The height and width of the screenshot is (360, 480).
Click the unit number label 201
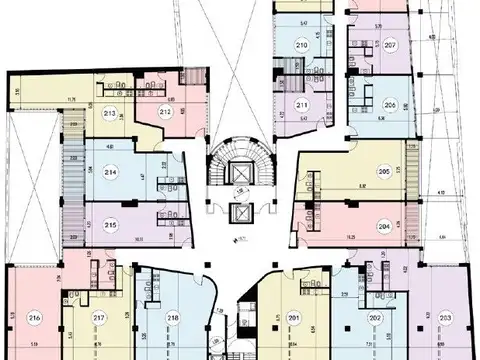[294, 319]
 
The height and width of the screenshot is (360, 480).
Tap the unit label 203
[445, 319]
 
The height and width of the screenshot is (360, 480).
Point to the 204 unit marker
[383, 226]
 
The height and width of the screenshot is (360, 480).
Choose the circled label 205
[383, 171]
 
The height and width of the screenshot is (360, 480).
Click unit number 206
[390, 105]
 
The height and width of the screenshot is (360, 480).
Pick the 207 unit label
[391, 46]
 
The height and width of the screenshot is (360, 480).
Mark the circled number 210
[301, 46]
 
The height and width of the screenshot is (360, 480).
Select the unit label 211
[301, 104]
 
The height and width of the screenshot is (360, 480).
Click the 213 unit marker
[108, 113]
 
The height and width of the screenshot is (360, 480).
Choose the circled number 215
[111, 225]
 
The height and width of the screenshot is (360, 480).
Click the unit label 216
[36, 319]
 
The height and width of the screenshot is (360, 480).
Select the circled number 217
[99, 319]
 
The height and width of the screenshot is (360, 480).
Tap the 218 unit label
[174, 319]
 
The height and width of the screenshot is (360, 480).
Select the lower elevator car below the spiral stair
[239, 216]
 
